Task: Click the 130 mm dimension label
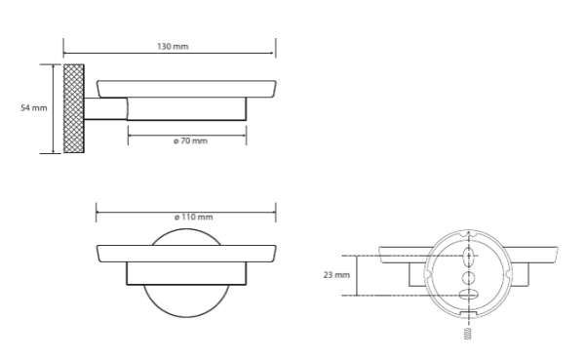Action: coord(173,47)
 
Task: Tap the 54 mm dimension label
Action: coord(34,108)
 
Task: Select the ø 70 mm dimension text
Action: coord(190,141)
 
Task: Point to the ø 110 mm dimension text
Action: coord(194,217)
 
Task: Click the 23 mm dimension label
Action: coord(336,275)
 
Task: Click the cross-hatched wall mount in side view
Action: coord(74,108)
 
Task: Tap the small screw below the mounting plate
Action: coord(467,334)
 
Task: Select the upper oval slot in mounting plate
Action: coord(469,257)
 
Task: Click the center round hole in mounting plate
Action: coord(469,278)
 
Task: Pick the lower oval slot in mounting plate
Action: coord(468,295)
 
